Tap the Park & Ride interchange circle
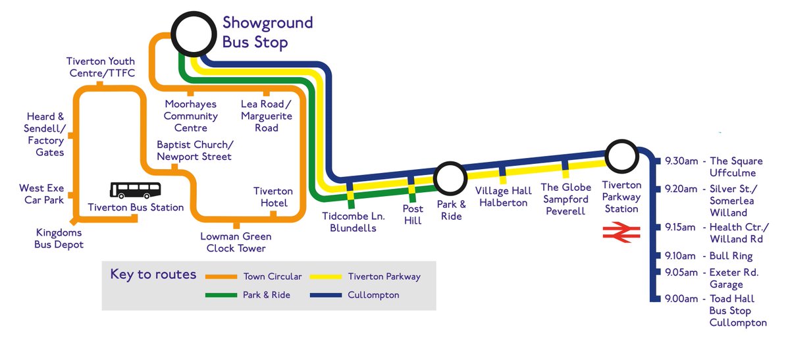(451, 177)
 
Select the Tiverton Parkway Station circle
(621, 157)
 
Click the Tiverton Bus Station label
(136, 208)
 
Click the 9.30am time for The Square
(681, 161)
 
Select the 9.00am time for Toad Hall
(681, 298)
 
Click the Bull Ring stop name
(731, 256)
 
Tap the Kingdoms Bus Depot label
(59, 238)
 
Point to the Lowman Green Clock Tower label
(236, 242)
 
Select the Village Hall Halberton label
(504, 197)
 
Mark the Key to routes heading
(153, 274)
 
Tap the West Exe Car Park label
(41, 194)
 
